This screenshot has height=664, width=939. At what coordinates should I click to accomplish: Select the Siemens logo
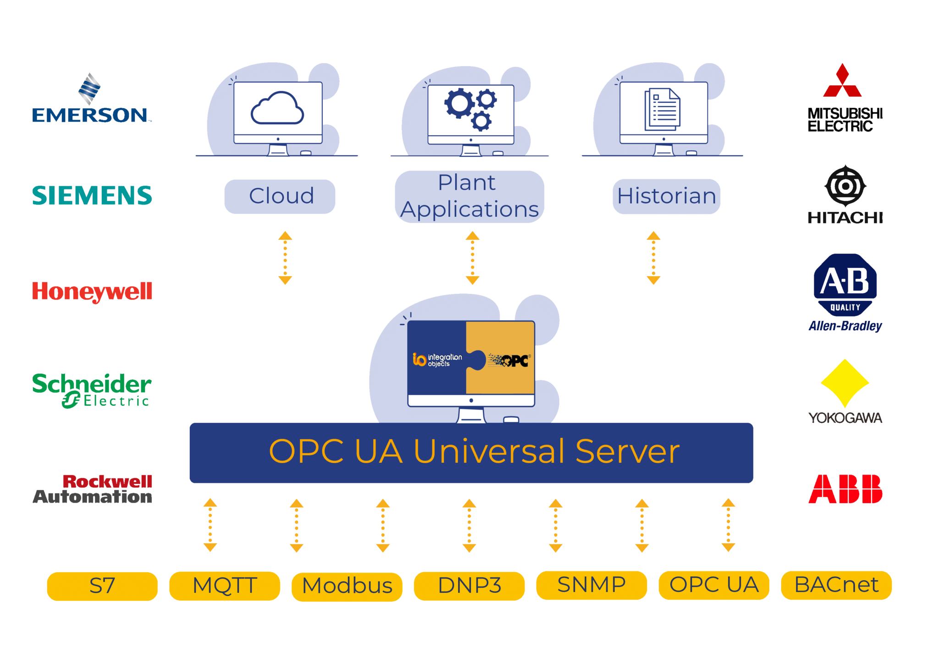click(x=92, y=196)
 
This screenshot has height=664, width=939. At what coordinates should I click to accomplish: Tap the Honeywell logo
click(x=92, y=292)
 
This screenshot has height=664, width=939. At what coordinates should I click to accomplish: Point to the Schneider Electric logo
click(x=92, y=390)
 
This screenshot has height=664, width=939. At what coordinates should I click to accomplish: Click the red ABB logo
click(x=845, y=489)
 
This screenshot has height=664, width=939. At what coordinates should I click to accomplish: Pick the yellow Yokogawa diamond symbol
click(x=845, y=383)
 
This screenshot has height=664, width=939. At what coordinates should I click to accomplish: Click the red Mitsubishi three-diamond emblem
click(x=842, y=82)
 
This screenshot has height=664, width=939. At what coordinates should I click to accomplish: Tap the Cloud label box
click(x=280, y=196)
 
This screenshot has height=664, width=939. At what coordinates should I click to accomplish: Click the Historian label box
click(x=666, y=196)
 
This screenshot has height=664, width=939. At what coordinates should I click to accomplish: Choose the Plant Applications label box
click(x=469, y=196)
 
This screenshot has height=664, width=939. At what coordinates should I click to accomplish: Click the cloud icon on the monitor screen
click(x=277, y=109)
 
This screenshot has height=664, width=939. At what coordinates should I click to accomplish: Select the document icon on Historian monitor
click(x=663, y=109)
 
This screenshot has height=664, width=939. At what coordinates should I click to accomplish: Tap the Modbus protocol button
click(x=347, y=586)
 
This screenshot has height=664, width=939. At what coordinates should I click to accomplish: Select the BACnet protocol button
click(x=836, y=585)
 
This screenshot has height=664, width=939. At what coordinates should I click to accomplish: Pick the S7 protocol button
click(x=102, y=586)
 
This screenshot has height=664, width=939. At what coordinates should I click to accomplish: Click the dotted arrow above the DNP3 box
click(x=469, y=525)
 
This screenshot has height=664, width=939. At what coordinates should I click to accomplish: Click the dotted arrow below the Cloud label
click(x=285, y=258)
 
